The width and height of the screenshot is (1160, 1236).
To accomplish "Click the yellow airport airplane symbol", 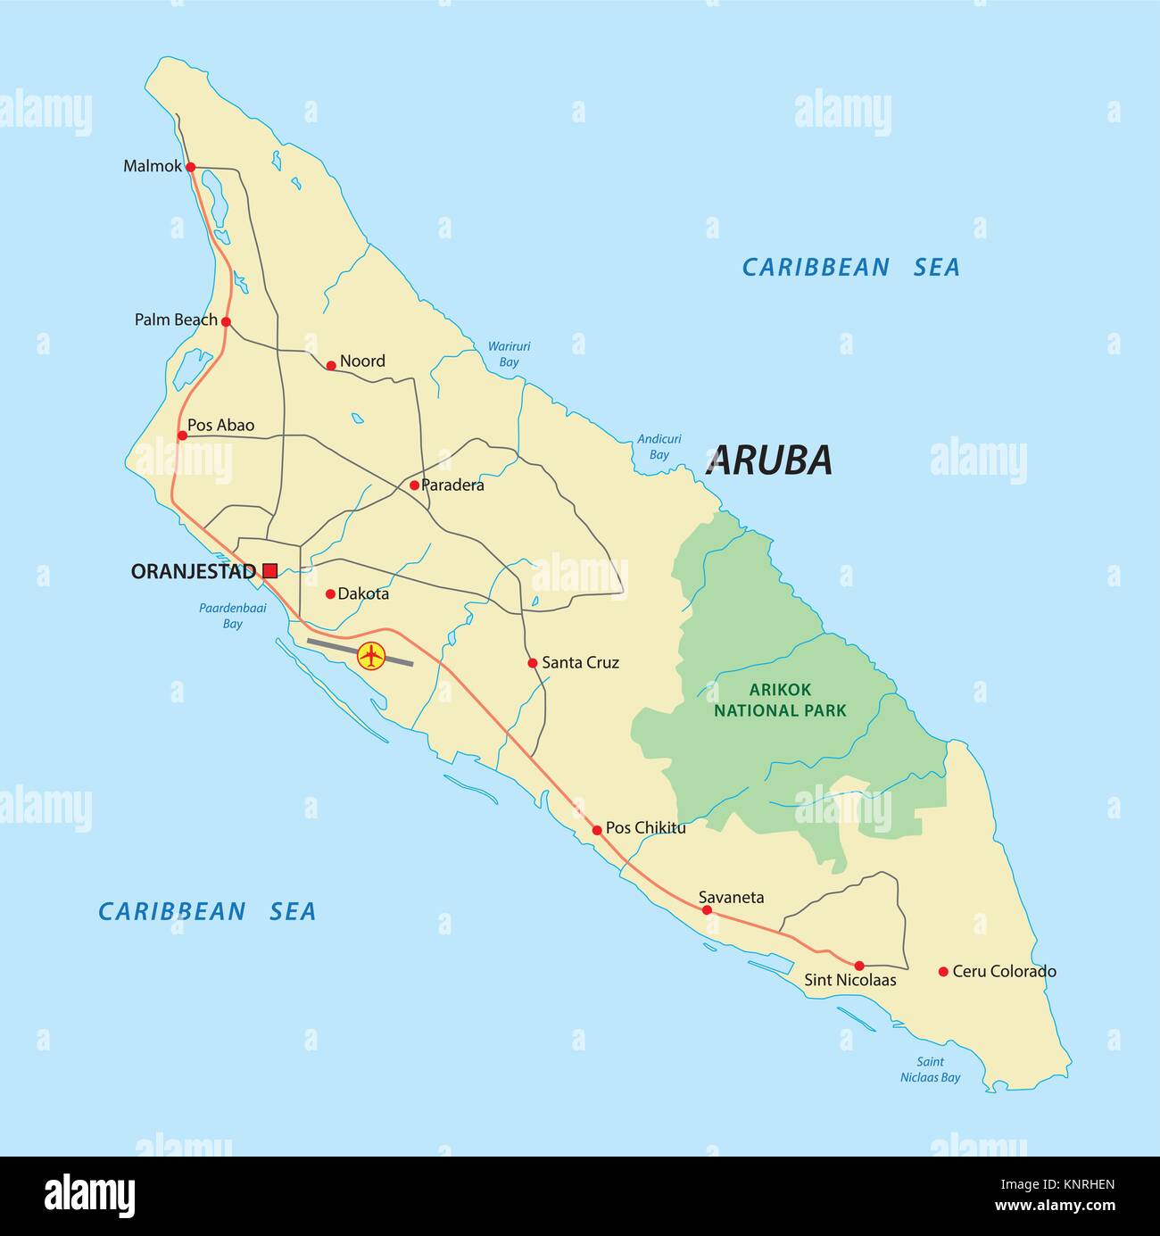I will click(x=370, y=656).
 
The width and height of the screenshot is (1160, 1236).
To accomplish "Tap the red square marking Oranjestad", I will click(x=269, y=570).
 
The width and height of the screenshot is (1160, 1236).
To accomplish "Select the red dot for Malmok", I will click(x=190, y=166).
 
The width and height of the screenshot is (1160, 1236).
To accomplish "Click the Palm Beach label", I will click(x=176, y=319).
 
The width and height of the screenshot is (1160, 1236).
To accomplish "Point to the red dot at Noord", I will click(x=331, y=365).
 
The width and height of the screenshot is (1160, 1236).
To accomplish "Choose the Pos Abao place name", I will click(x=220, y=425).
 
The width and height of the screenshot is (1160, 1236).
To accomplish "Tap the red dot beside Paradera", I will click(x=414, y=485).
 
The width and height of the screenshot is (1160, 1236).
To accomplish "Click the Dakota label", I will click(x=363, y=593).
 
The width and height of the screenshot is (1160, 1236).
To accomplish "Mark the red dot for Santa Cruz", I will click(x=533, y=663).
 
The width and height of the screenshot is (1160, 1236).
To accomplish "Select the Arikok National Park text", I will click(x=785, y=700).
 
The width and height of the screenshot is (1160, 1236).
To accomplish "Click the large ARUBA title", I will click(x=768, y=460).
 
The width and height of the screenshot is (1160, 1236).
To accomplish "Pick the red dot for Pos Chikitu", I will click(x=597, y=830).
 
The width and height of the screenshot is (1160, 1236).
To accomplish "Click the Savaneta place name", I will click(x=731, y=898).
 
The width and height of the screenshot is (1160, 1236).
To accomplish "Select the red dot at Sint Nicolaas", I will click(x=859, y=966).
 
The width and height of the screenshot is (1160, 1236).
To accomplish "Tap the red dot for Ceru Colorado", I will click(x=943, y=971).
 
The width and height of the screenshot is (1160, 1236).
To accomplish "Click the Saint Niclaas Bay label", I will click(x=930, y=1069).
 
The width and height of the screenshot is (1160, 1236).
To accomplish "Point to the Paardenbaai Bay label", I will click(x=232, y=617).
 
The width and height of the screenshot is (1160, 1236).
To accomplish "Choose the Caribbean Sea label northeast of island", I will click(x=850, y=267).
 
